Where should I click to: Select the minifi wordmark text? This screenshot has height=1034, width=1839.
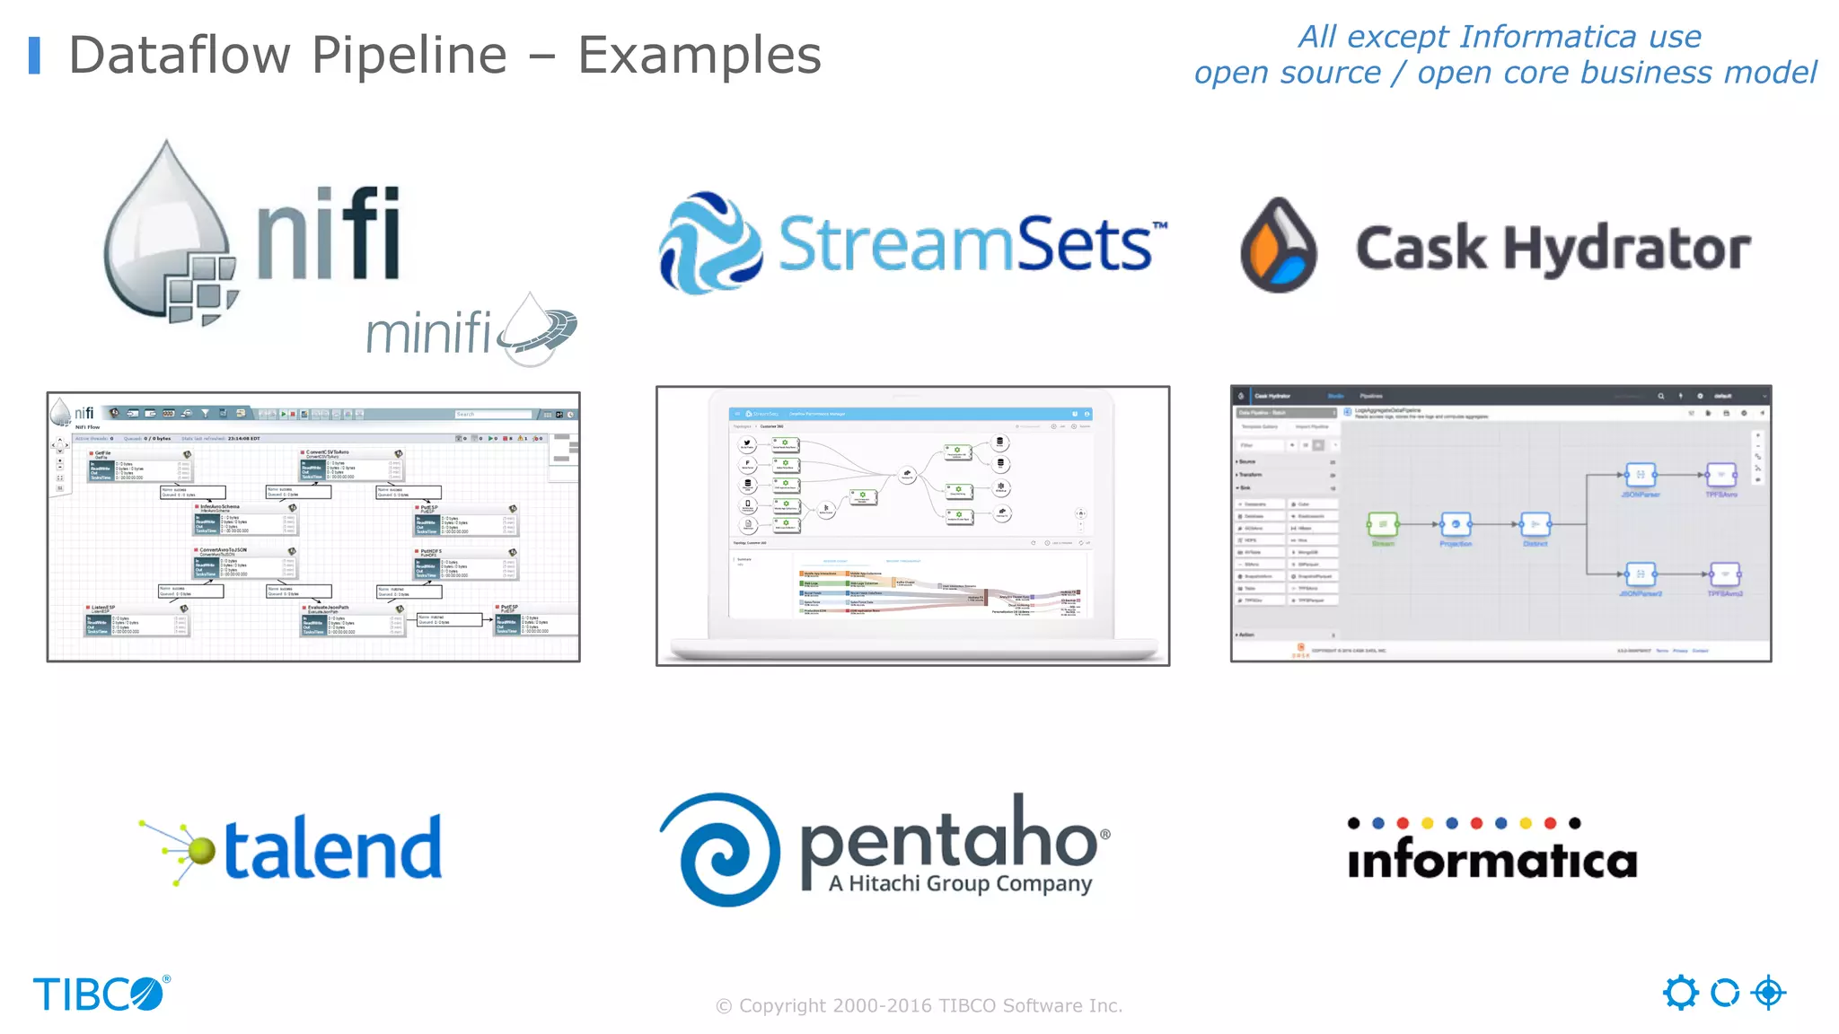[x=428, y=333]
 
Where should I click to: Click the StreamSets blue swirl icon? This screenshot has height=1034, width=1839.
[x=709, y=242]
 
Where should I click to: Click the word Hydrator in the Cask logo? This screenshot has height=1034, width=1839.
[x=1626, y=248]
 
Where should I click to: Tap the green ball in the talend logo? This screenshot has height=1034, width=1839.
[x=202, y=849]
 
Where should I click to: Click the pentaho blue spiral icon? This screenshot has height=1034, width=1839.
[x=719, y=849]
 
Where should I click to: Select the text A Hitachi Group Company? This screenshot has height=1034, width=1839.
[x=960, y=883]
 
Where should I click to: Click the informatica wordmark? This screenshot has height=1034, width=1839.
[x=1491, y=859]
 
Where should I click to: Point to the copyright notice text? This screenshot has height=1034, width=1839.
[x=919, y=1005]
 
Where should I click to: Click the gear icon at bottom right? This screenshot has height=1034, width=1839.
[x=1680, y=993]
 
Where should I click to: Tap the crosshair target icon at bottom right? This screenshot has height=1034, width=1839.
[x=1769, y=993]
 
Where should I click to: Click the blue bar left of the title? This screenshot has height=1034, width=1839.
[x=34, y=56]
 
